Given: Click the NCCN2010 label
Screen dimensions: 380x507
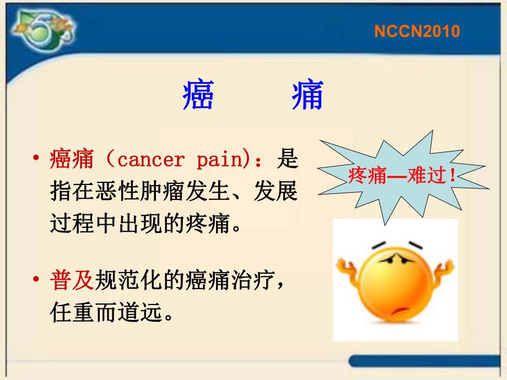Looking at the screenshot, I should tap(417, 31).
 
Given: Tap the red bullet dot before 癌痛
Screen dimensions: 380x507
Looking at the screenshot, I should tap(36, 160).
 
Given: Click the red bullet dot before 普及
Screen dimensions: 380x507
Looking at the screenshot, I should tap(36, 280).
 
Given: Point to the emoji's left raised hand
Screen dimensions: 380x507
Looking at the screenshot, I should tap(349, 271).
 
